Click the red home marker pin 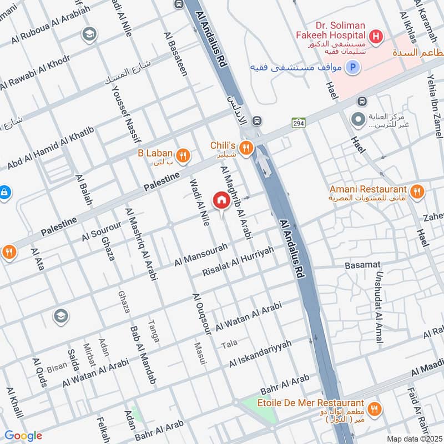221,200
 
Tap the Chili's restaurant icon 245,147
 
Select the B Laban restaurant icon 183,155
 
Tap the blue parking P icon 352,68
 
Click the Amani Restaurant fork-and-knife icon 417,192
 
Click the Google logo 23,436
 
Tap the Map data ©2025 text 413,438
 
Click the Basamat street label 362,265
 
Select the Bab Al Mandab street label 142,355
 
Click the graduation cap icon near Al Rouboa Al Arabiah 88,36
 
